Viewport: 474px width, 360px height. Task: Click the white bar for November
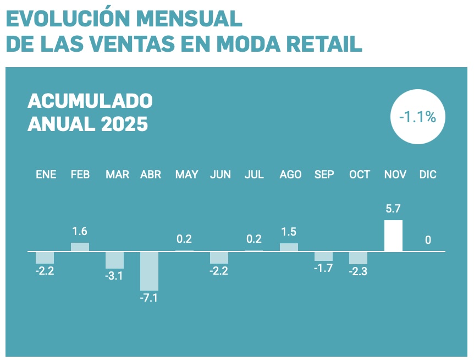click(x=393, y=236)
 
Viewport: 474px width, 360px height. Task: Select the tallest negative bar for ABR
click(x=149, y=271)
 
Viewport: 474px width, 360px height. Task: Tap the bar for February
click(x=80, y=247)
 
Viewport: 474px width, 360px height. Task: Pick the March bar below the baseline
click(x=114, y=260)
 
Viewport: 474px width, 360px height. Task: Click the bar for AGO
click(x=289, y=247)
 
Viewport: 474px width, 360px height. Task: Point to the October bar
click(x=358, y=258)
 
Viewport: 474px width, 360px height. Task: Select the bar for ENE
click(x=45, y=257)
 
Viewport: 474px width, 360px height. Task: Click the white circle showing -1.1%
click(x=417, y=117)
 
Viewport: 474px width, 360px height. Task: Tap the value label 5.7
click(x=393, y=209)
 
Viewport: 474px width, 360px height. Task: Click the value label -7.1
click(x=148, y=299)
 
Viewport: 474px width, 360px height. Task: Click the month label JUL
click(x=254, y=174)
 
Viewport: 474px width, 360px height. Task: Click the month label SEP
click(x=324, y=174)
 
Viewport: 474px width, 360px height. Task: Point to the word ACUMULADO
click(x=90, y=101)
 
